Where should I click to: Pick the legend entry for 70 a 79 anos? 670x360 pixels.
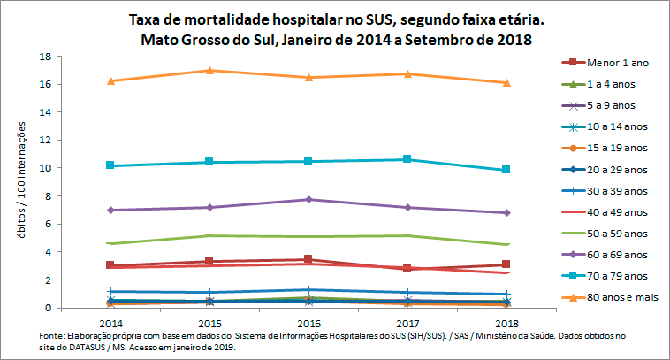click(x=612, y=276)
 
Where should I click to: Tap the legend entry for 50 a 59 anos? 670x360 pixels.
click(x=612, y=233)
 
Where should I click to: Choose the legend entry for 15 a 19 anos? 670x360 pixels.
click(x=612, y=148)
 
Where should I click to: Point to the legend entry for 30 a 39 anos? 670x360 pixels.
click(x=612, y=190)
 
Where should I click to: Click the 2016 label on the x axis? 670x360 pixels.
click(x=308, y=324)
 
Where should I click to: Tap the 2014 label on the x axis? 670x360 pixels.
click(x=110, y=324)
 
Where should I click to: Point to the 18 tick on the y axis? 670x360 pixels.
click(x=43, y=56)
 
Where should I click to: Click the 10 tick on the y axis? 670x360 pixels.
click(x=43, y=168)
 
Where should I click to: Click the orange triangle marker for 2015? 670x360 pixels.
click(x=209, y=70)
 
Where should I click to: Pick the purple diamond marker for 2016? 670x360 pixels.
click(x=308, y=199)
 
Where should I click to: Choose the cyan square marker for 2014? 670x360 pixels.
click(x=110, y=165)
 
